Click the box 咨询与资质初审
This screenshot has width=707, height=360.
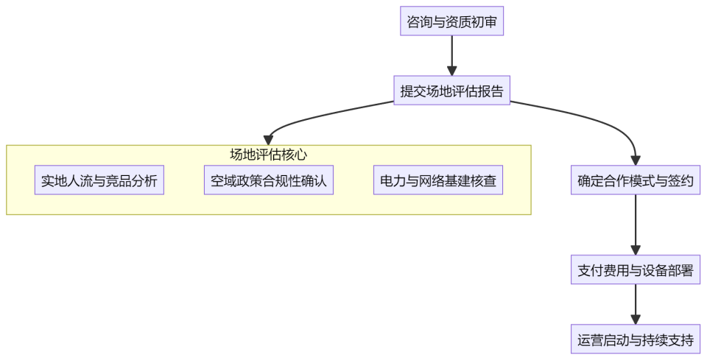pyautogui.click(x=451, y=21)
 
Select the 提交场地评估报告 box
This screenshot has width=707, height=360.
pyautogui.click(x=451, y=91)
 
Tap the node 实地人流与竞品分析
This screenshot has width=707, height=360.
pyautogui.click(x=99, y=180)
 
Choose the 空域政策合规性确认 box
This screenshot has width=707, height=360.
pyautogui.click(x=268, y=180)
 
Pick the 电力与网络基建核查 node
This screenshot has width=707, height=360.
pyautogui.click(x=437, y=180)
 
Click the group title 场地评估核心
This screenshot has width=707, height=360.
pyautogui.click(x=268, y=155)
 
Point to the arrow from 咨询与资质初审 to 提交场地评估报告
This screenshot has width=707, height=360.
pyautogui.click(x=451, y=56)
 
